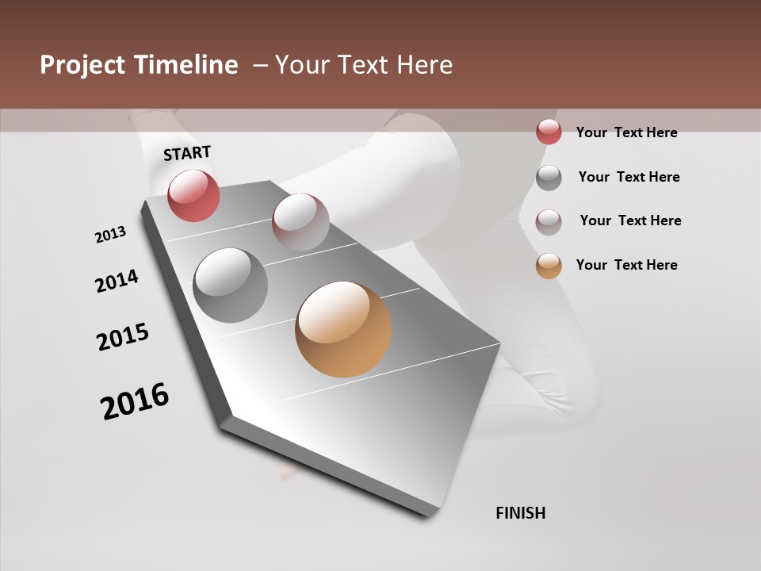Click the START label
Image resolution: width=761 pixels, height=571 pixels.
pos(187,153)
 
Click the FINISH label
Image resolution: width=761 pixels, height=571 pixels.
pos(520,513)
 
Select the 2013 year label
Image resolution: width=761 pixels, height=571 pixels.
pos(111,234)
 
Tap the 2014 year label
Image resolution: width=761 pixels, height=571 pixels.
pos(117,281)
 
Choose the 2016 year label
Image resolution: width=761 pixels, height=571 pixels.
pos(135,400)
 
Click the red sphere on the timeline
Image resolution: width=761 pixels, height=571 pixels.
pos(193,195)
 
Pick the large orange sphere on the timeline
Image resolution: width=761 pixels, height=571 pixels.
pos(343,329)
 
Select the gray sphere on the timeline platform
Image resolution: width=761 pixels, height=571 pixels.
pos(230,285)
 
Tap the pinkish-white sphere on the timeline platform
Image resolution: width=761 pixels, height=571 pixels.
pos(300,221)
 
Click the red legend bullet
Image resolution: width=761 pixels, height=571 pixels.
pos(549,132)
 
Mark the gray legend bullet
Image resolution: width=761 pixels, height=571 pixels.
pos(549,178)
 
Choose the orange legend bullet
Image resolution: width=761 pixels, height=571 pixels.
pos(549,266)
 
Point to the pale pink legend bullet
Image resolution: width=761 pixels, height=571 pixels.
pos(549,221)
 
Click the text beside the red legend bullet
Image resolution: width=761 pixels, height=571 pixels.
pos(626,132)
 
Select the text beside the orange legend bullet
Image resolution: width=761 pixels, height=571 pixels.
pos(626,265)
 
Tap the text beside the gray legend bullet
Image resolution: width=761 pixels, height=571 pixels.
pos(629,177)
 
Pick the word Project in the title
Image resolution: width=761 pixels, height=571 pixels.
pos(82,65)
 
